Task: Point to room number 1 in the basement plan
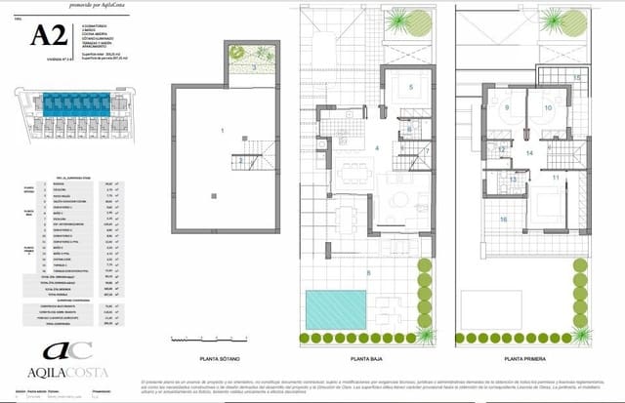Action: pyautogui.click(x=222, y=130)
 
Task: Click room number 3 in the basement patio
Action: pyautogui.click(x=255, y=68)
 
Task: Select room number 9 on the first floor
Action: pyautogui.click(x=508, y=107)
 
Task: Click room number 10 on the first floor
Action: pyautogui.click(x=548, y=107)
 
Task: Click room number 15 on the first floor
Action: pyautogui.click(x=577, y=77)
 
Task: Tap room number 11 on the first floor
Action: pyautogui.click(x=555, y=178)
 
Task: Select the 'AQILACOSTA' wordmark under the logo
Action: pyautogui.click(x=54, y=375)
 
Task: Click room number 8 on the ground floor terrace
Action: pyautogui.click(x=368, y=272)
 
